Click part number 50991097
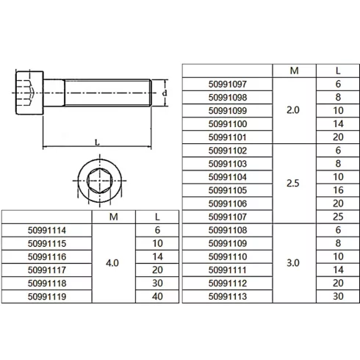coord(228,84)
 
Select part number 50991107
coord(228,217)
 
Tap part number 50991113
coord(228,297)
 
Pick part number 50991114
coord(47,230)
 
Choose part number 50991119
coord(47,296)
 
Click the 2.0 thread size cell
coord(292,110)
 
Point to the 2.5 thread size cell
coord(292,184)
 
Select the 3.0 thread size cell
coord(292,263)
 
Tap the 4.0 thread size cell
coord(113,263)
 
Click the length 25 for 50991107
coord(338,217)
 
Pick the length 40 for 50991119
coord(157,296)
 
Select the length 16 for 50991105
coord(338,190)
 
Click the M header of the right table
coord(293,71)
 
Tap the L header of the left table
coord(157,217)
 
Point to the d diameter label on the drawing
coord(165,93)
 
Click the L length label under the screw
coord(98,141)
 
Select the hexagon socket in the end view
coord(98,179)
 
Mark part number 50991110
coord(228,257)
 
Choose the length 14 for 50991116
coord(157,256)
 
